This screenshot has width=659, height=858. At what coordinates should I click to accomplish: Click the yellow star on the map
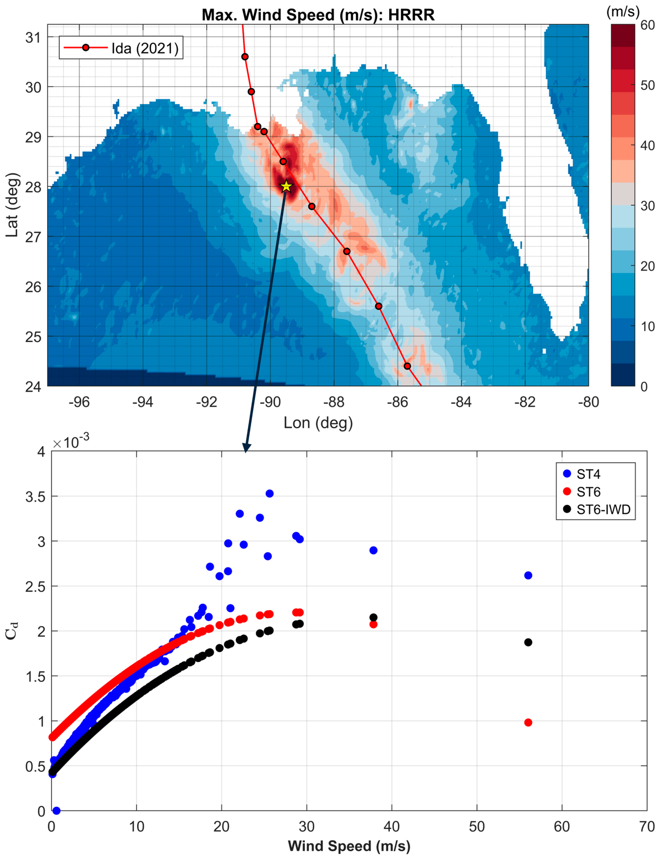[x=286, y=186]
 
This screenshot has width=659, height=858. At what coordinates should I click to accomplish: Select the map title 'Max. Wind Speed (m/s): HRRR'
[x=318, y=15]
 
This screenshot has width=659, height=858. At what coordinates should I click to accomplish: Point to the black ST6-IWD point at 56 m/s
[x=528, y=642]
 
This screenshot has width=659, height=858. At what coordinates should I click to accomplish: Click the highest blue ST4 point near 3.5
[x=270, y=494]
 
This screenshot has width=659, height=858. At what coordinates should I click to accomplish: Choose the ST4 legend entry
[x=588, y=474]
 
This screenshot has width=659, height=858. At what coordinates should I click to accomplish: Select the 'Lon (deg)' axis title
[x=318, y=423]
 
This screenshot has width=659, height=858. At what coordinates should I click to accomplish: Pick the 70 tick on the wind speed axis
[x=647, y=827]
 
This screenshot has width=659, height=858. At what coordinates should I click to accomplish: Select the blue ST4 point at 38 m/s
[x=373, y=550]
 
